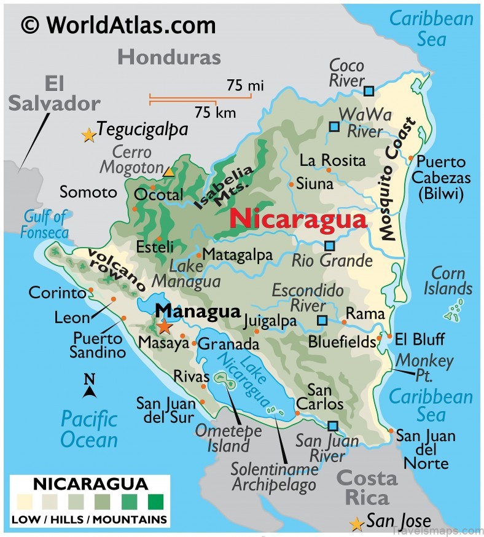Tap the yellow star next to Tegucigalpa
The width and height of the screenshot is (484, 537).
89,135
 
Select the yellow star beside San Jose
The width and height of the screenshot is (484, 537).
356,523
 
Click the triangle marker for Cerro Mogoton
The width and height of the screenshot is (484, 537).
169,172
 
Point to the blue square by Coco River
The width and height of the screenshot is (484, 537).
369,91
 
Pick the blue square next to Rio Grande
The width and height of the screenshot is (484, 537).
330,246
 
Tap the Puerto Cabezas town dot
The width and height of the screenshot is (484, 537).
411,158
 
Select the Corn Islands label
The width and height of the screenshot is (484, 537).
451,280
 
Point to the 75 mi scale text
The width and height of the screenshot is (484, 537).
244,85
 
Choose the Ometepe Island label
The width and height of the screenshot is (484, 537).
228,438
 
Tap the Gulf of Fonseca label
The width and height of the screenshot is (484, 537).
44,224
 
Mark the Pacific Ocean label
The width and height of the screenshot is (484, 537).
89,429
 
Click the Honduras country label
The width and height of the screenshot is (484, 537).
169,57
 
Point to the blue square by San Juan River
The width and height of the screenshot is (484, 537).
333,426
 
